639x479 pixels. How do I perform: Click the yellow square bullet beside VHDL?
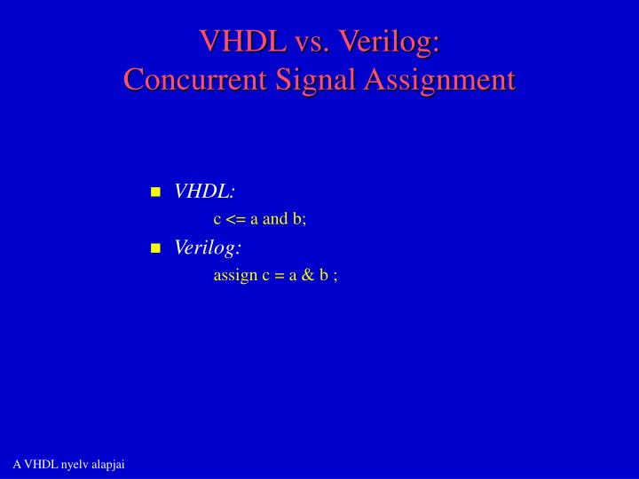click(x=155, y=192)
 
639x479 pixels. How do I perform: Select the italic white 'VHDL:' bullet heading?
click(x=205, y=192)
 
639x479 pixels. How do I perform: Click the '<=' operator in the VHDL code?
click(x=235, y=219)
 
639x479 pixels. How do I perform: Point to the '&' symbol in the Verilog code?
click(x=308, y=275)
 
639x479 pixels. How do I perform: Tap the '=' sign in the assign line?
click(x=278, y=275)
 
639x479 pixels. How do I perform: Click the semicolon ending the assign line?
click(x=335, y=276)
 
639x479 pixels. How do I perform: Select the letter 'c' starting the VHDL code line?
click(x=217, y=220)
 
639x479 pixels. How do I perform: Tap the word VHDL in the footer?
click(x=41, y=465)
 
